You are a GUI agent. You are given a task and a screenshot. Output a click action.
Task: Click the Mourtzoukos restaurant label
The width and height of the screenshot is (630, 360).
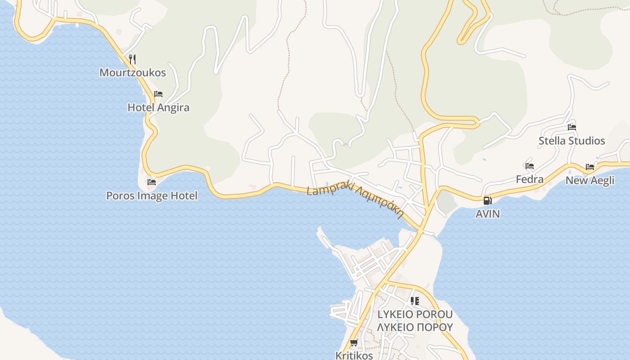click(x=133, y=72)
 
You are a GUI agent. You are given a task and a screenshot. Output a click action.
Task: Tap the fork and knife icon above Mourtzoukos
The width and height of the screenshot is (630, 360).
click(x=132, y=58)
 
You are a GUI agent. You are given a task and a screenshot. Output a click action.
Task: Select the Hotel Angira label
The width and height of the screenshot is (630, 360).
click(x=158, y=108)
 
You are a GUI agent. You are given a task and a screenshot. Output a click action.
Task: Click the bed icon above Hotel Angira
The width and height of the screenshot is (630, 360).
click(x=158, y=94)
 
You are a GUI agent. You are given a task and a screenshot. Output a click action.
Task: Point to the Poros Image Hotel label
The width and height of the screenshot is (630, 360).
click(x=152, y=196)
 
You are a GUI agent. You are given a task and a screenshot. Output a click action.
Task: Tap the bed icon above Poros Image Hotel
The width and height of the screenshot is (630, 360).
click(x=152, y=182)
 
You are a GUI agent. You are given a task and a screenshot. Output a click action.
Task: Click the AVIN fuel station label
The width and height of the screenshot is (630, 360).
click(x=488, y=214)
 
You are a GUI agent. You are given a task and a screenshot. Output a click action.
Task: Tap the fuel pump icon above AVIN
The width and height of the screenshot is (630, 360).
click(x=487, y=201)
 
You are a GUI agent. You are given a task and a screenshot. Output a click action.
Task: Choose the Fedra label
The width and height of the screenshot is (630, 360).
click(x=530, y=179)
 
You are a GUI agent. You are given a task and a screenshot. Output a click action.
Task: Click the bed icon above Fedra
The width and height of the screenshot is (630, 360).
click(x=530, y=166)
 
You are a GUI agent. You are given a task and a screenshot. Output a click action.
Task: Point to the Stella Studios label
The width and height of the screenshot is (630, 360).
click(x=572, y=141)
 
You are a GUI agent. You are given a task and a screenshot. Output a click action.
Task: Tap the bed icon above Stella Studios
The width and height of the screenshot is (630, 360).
click(x=572, y=127)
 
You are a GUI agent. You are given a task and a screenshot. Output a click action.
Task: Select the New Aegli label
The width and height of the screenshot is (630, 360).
click(x=590, y=180)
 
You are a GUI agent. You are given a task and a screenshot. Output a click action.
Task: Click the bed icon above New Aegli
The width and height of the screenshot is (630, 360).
click(x=590, y=167)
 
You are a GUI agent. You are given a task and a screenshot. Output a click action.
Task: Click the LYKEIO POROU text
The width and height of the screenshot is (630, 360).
click(x=415, y=314)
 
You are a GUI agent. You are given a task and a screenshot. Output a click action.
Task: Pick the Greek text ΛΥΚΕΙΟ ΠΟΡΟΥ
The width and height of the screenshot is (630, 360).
click(x=415, y=327)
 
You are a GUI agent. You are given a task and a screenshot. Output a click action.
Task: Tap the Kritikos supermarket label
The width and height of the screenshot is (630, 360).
click(x=354, y=355)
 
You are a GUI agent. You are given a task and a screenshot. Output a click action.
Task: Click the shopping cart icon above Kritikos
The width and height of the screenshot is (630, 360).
click(x=354, y=343)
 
